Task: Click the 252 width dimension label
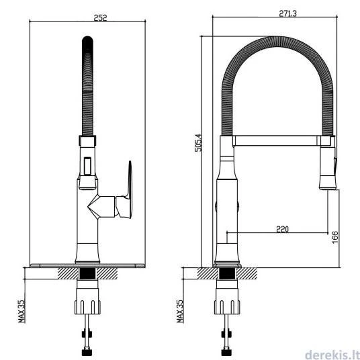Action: click(100, 17)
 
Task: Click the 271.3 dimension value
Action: click(287, 13)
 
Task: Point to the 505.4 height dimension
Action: click(199, 142)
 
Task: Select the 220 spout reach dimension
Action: click(282, 229)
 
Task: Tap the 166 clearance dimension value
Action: click(335, 237)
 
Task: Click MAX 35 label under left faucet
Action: click(21, 311)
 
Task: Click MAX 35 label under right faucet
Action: click(180, 311)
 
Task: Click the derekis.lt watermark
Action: click(332, 355)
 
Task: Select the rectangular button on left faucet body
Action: click(87, 166)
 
